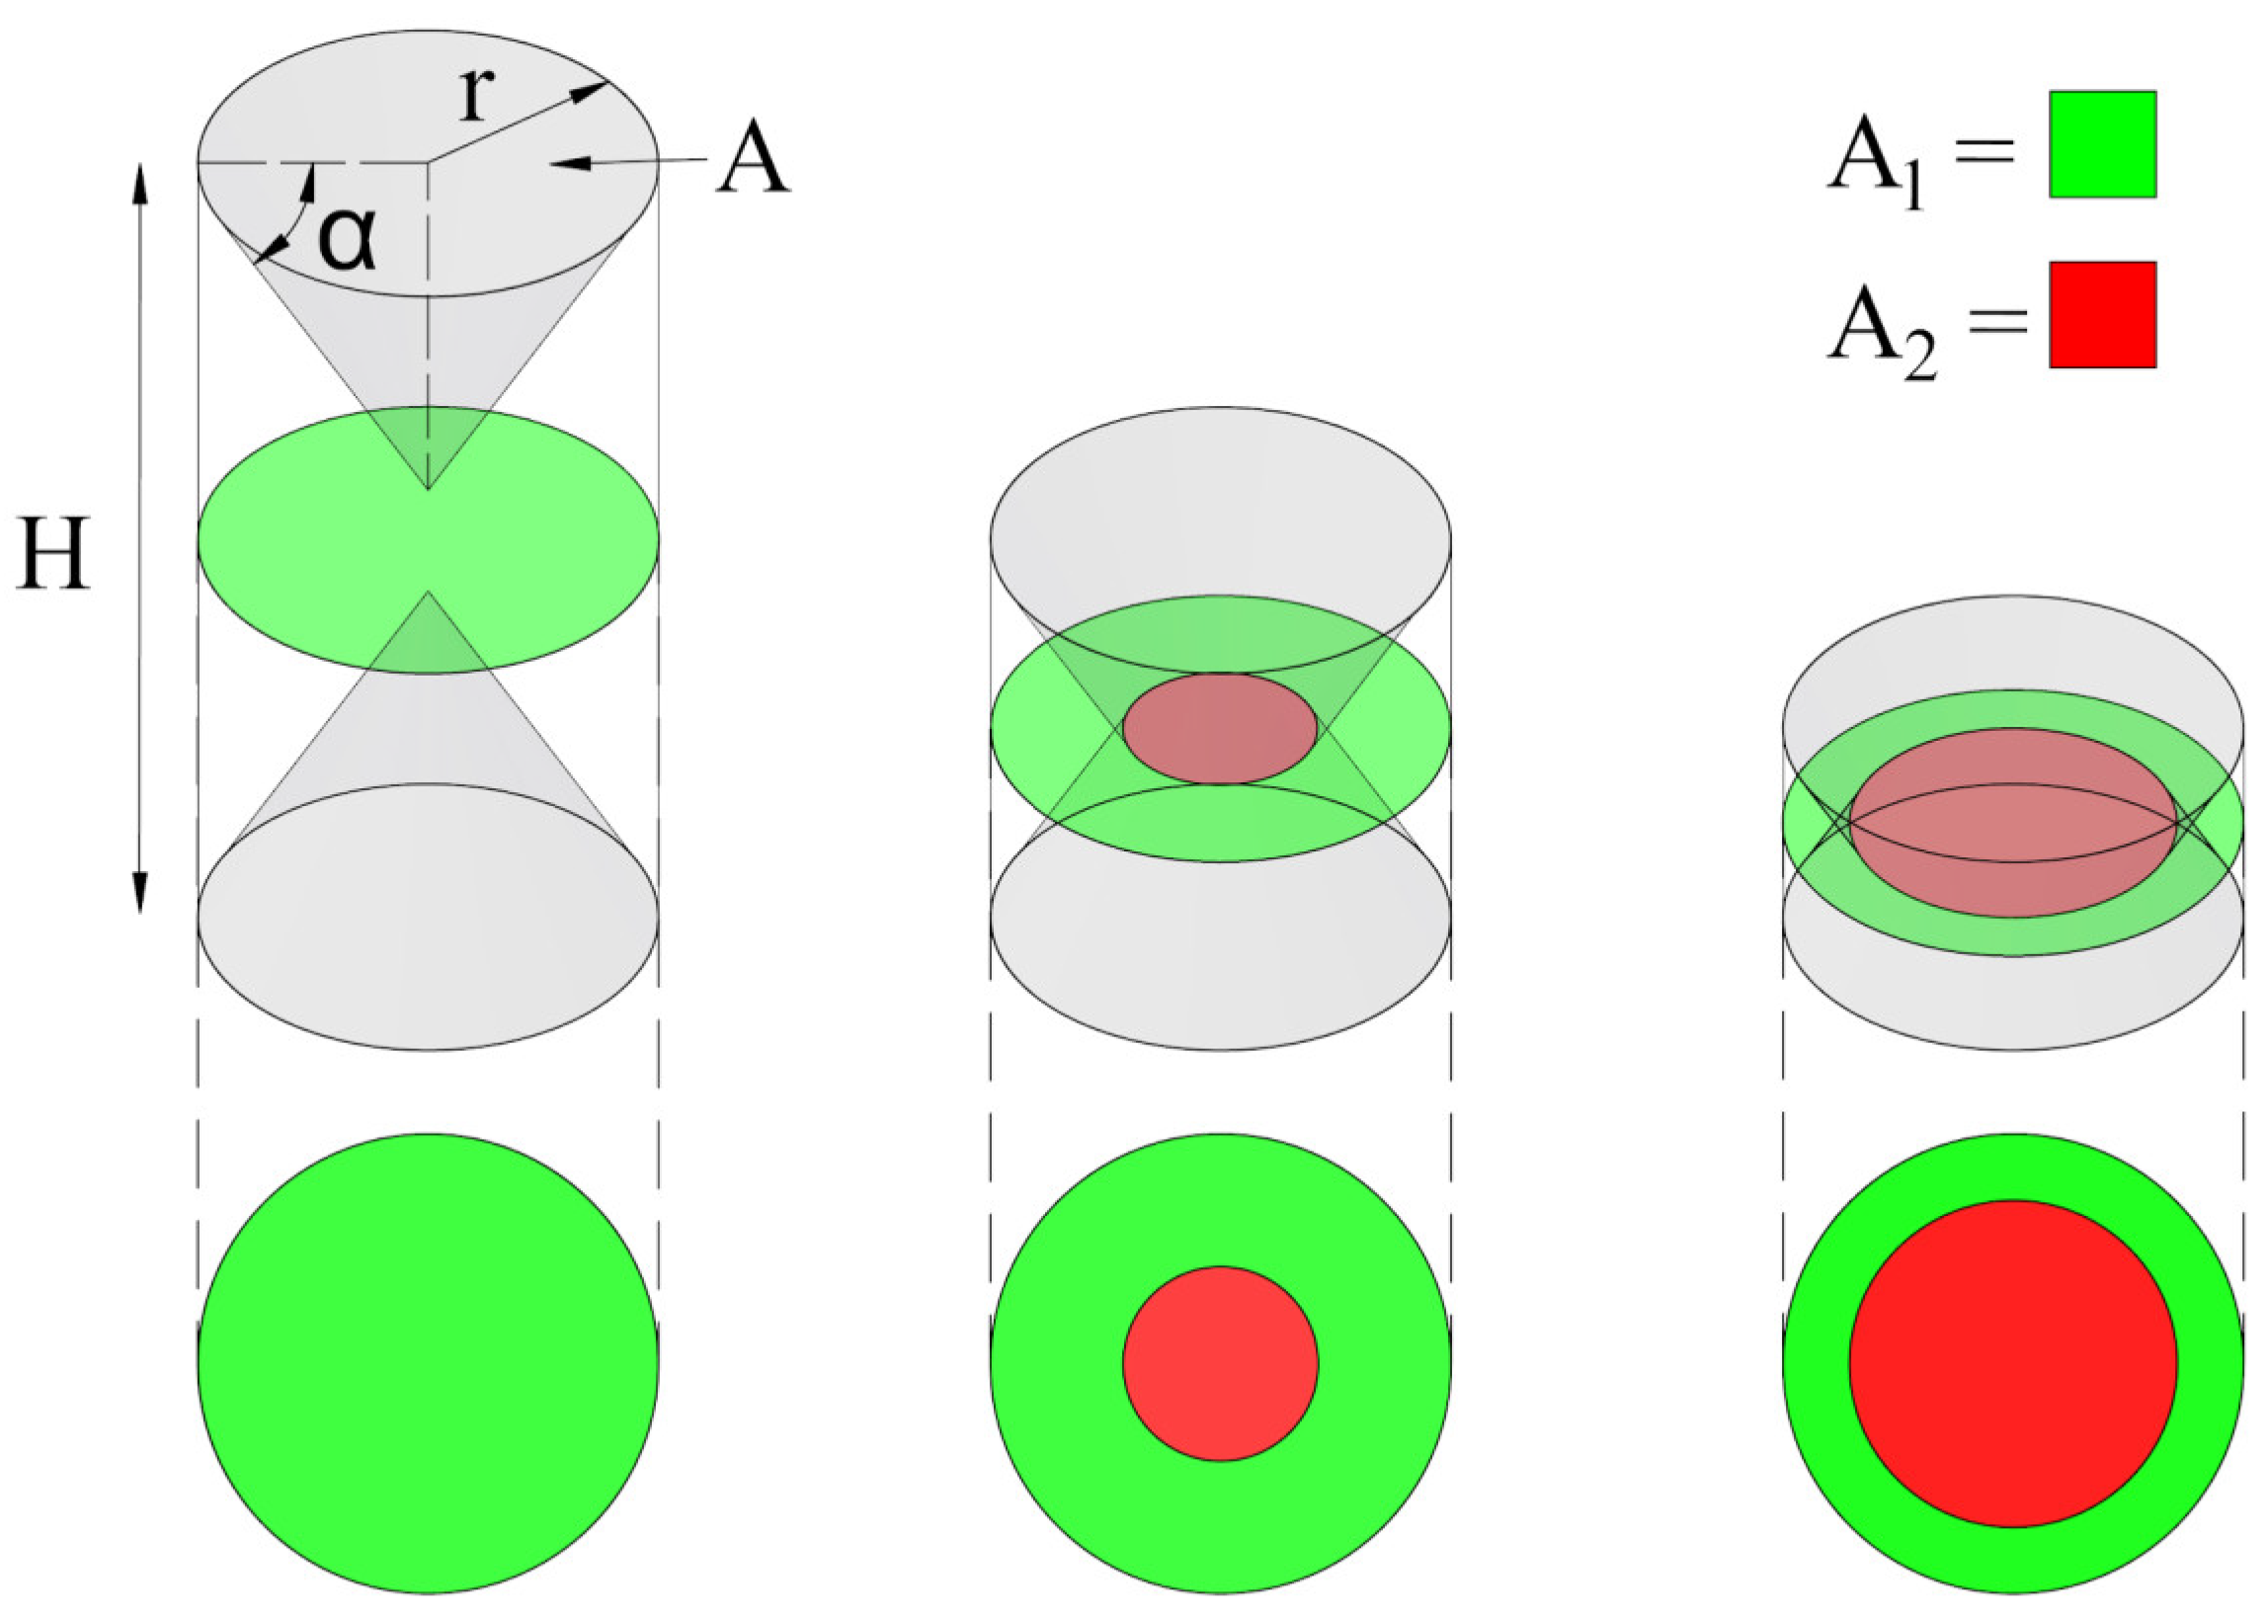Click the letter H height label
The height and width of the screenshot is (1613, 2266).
pos(53,554)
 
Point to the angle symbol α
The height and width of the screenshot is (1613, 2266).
pos(347,240)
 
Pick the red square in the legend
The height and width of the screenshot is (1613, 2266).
pos(2102,315)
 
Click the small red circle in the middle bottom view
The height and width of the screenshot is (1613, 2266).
pos(1220,1364)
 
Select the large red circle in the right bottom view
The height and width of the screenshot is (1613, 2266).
pos(2013,1364)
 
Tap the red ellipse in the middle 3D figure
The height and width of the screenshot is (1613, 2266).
pos(1220,728)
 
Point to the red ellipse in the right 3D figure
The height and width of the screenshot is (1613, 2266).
pos(2013,824)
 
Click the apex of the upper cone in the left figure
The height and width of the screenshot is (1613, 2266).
pos(428,489)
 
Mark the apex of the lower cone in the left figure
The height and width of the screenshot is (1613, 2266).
pos(428,593)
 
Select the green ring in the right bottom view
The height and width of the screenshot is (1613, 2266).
pos(1818,1364)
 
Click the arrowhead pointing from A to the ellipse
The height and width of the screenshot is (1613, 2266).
pos(565,163)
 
